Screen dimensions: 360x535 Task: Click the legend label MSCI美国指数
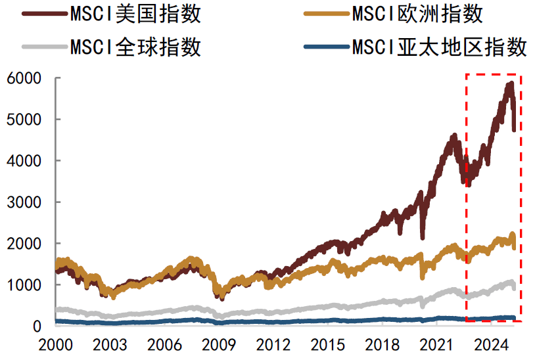(x=135, y=14)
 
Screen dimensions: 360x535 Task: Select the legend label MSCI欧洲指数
(x=417, y=14)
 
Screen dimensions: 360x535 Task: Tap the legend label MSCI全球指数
(x=135, y=47)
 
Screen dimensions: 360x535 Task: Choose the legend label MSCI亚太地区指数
(x=439, y=47)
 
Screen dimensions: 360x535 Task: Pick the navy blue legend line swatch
(x=326, y=47)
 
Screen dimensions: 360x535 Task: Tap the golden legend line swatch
(x=326, y=14)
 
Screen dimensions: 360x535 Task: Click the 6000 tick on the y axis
(x=25, y=78)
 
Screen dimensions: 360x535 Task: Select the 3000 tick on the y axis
(x=25, y=202)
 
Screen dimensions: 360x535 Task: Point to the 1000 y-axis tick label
(x=25, y=285)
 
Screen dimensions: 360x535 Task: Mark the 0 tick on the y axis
(x=37, y=326)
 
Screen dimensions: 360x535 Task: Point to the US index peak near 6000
(x=510, y=84)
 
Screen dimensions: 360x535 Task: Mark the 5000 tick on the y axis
(x=25, y=120)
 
